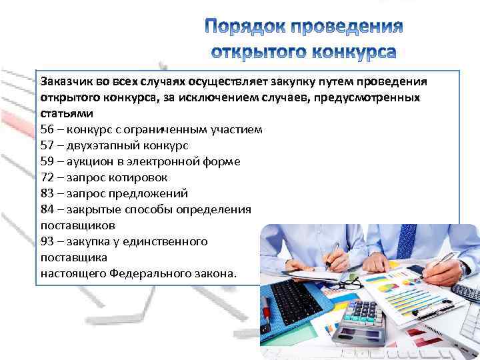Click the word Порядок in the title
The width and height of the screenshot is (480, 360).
coord(247,27)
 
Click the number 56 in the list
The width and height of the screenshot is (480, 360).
coord(47,129)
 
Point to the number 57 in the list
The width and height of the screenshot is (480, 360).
coord(47,145)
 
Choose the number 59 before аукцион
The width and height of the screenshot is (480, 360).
coord(47,161)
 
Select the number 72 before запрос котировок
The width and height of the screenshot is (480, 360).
coord(47,177)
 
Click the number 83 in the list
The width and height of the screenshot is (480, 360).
coord(47,193)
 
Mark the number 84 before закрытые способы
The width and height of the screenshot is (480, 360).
coord(47,209)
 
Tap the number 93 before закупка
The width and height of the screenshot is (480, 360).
coord(47,241)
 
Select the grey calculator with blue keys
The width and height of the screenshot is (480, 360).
coord(361,320)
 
